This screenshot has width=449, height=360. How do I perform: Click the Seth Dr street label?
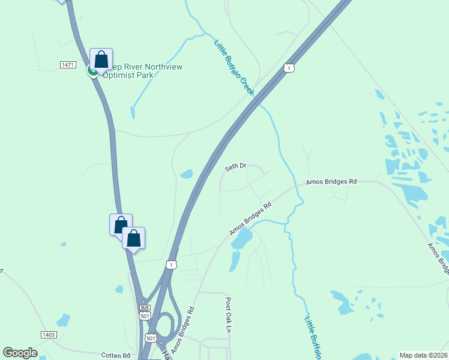(236, 167)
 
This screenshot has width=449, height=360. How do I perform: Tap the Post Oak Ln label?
(228, 314)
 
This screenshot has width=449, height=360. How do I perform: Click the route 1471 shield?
(67, 64)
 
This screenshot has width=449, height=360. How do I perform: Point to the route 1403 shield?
(49, 334)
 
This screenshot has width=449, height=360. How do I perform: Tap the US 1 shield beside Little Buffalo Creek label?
(289, 68)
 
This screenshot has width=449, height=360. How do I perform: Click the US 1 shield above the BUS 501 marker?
(172, 265)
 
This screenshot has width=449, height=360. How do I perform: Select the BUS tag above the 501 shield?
(144, 307)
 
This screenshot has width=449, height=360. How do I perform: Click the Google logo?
(20, 353)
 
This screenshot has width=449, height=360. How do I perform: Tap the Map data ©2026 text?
(424, 355)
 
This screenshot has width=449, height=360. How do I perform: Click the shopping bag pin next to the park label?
(101, 59)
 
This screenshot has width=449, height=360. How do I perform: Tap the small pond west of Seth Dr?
(186, 174)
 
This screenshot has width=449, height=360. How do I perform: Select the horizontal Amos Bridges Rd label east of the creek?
(331, 181)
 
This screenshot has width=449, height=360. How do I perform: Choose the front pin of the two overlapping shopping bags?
(133, 238)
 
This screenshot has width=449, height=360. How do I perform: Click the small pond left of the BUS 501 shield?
(119, 289)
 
